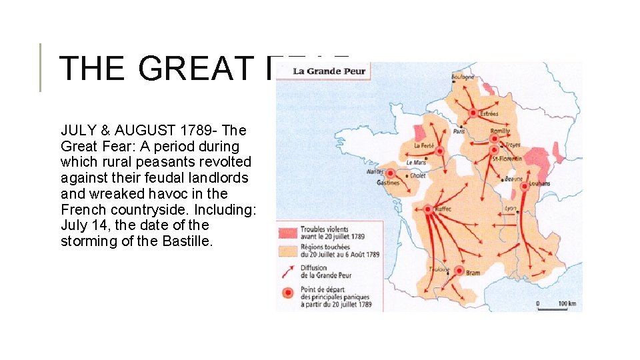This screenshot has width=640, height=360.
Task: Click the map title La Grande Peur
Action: [330, 71]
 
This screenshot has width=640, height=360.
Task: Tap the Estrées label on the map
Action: [489, 114]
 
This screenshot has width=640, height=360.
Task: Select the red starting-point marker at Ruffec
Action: [428, 209]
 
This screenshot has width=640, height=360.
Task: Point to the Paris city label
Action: [459, 131]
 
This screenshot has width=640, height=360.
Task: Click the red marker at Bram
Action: [459, 271]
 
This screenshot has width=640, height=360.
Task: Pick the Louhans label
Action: [539, 183]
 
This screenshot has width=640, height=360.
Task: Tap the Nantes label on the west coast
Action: [375, 171]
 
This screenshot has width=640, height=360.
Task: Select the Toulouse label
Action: [439, 269]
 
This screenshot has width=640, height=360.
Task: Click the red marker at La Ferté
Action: [439, 152]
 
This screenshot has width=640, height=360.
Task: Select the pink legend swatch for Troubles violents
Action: [287, 232]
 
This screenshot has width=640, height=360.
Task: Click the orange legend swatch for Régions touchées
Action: [287, 251]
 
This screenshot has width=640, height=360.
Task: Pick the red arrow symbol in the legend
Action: [287, 271]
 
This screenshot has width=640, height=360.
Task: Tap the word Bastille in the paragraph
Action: [187, 241]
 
